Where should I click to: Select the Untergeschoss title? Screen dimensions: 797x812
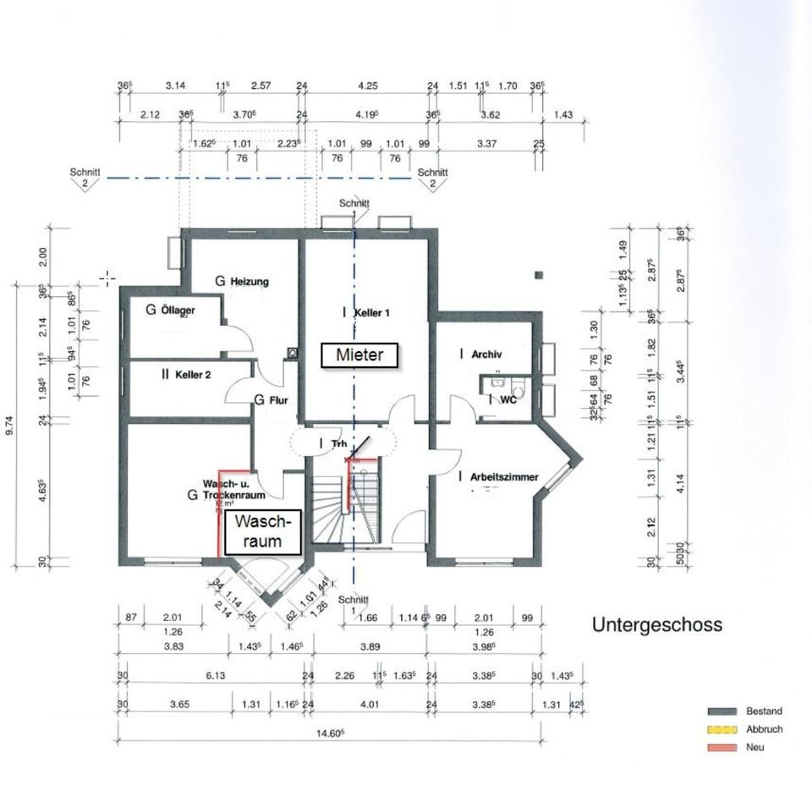click(x=656, y=625)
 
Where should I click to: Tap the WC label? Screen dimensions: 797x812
click(x=507, y=400)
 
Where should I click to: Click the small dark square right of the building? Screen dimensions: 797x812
click(x=539, y=274)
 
